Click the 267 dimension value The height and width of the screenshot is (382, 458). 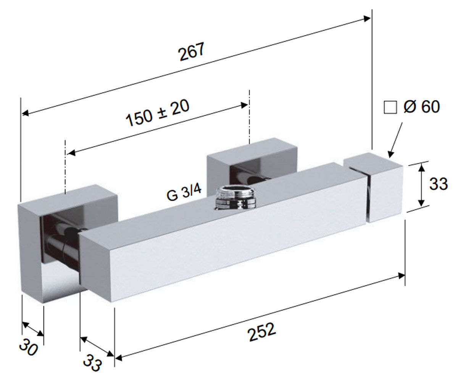(192, 52)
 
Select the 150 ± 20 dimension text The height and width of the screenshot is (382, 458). (157, 113)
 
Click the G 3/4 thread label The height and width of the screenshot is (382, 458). (184, 193)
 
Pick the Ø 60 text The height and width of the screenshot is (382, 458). (421, 107)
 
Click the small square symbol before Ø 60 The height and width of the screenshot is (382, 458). (390, 107)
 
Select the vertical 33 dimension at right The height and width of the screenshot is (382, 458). (438, 184)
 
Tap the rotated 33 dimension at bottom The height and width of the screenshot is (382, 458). (93, 363)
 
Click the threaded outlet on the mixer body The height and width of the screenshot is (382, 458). (236, 197)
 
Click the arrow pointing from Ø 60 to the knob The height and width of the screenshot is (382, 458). (395, 140)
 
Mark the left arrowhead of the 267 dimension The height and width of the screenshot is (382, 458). (26, 113)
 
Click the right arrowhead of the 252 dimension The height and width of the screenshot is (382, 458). (401, 276)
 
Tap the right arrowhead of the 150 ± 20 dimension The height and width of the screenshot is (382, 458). (244, 105)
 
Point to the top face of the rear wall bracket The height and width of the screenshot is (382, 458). (252, 147)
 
